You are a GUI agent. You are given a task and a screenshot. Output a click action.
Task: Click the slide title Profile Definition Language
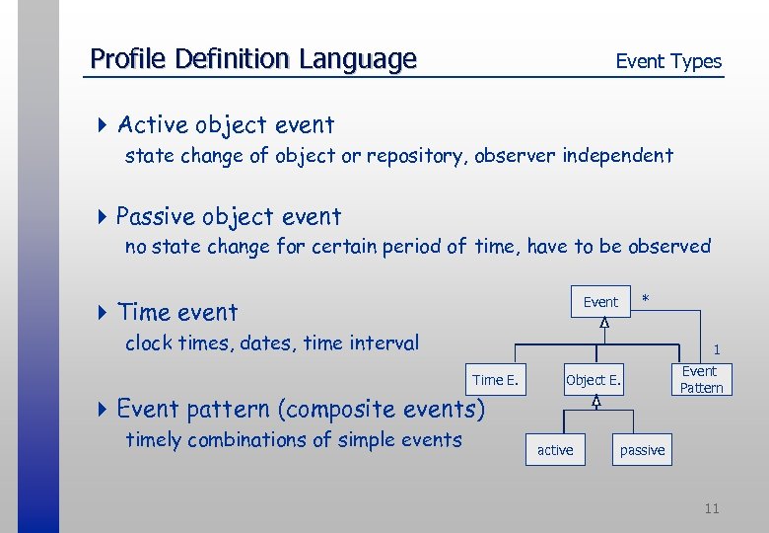pyautogui.click(x=253, y=59)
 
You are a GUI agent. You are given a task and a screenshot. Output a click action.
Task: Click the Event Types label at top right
pyautogui.click(x=668, y=61)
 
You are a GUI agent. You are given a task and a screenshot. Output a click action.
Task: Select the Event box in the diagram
pyautogui.click(x=600, y=302)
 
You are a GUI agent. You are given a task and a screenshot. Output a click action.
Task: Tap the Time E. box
pyautogui.click(x=495, y=380)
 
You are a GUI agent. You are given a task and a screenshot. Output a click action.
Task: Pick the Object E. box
pyautogui.click(x=594, y=380)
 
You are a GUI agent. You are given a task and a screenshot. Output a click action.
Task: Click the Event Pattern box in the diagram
pyautogui.click(x=701, y=380)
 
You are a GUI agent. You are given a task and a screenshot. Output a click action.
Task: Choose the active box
pyautogui.click(x=555, y=450)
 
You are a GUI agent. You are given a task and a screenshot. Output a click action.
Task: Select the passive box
pyautogui.click(x=642, y=450)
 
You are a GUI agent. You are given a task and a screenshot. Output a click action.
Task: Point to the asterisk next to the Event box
pyautogui.click(x=646, y=298)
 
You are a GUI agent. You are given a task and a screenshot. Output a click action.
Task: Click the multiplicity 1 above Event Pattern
pyautogui.click(x=717, y=349)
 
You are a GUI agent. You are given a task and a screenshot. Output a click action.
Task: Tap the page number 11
pyautogui.click(x=712, y=508)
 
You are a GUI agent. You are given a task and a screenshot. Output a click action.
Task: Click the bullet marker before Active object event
pyautogui.click(x=104, y=125)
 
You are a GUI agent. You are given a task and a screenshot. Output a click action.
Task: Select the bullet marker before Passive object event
pyautogui.click(x=104, y=217)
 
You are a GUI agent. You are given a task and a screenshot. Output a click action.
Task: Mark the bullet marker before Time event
pyautogui.click(x=104, y=313)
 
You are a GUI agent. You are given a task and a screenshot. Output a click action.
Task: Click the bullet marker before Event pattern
pyautogui.click(x=104, y=409)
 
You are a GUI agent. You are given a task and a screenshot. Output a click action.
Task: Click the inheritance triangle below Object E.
pyautogui.click(x=596, y=402)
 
